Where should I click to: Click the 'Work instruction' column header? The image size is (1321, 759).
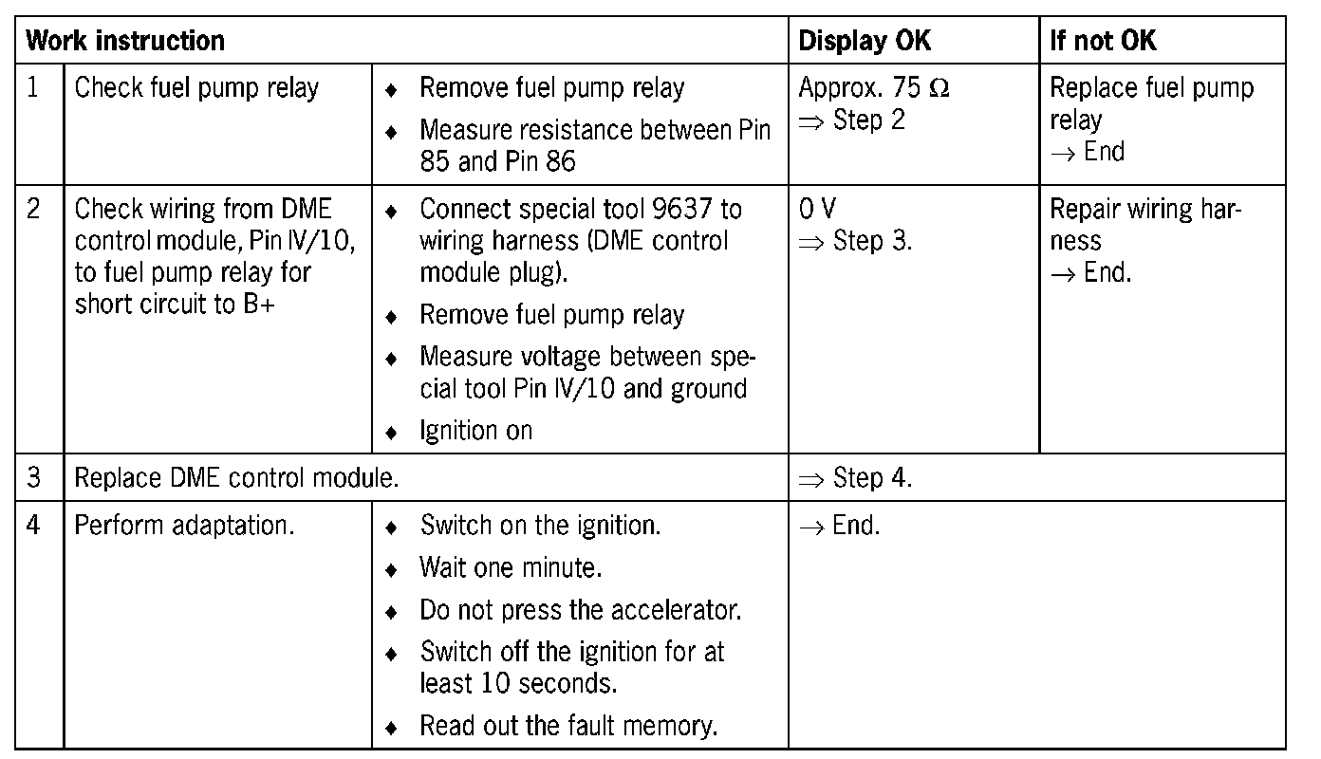point(125,41)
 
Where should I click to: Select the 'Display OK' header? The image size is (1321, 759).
point(865,41)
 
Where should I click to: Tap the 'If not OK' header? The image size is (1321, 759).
point(1103,41)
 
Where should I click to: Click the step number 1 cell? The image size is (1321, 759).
point(34,88)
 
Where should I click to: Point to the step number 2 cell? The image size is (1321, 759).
point(34,209)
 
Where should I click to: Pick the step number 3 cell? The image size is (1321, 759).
point(34,477)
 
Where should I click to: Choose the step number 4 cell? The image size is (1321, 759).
point(34,525)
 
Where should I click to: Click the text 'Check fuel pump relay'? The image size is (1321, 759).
point(196,88)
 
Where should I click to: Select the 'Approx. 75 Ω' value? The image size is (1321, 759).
point(873,88)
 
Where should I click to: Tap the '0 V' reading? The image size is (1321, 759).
point(818,209)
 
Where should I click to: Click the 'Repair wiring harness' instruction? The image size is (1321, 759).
point(1145,225)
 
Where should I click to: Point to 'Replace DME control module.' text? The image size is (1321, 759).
point(236,477)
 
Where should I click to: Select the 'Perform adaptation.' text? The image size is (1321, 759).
point(184,525)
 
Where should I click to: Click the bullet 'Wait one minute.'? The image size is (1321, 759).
point(512,567)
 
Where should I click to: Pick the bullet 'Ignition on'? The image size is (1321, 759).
point(475,431)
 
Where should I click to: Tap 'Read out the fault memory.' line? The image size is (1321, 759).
point(568,727)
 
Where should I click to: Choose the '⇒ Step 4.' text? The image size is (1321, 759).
point(855,477)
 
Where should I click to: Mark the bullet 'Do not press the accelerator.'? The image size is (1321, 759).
point(580,609)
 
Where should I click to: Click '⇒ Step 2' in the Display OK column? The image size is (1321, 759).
point(851,120)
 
